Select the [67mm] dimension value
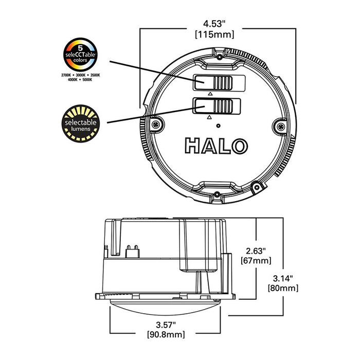click(x=255, y=261)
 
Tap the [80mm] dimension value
click(x=283, y=288)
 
